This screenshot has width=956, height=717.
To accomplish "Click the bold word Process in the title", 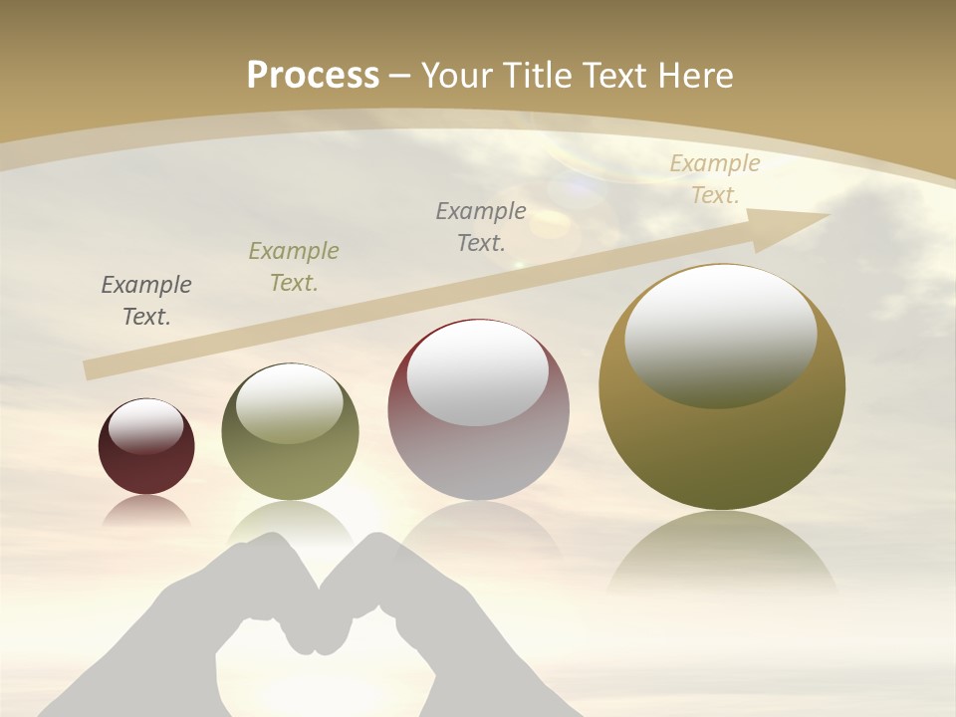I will pos(313,75).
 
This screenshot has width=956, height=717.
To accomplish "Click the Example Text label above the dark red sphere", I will pos(146,301).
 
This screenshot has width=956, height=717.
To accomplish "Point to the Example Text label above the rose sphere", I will pos(481,226).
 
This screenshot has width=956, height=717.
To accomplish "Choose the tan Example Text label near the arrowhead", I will pos(714,179).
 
